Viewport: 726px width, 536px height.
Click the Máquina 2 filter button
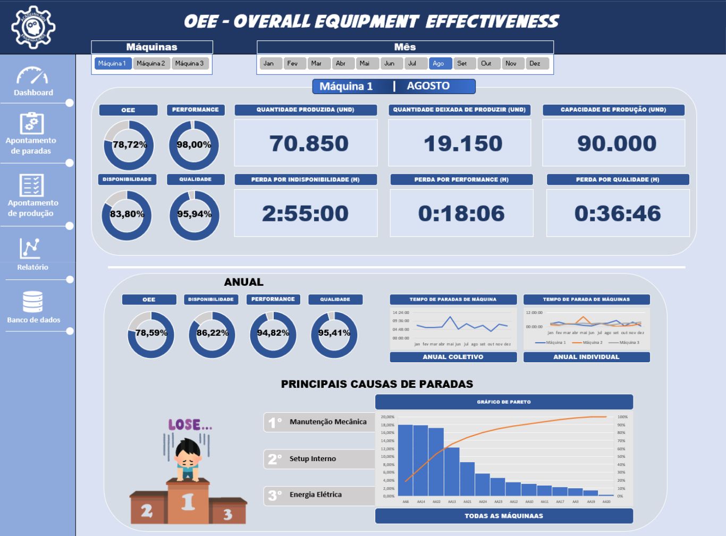151,64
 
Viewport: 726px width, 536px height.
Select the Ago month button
440,64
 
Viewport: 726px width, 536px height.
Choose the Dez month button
536,64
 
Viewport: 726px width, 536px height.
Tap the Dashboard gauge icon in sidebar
32,76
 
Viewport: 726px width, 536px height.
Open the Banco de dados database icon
32,302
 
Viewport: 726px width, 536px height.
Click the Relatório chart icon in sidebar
30,249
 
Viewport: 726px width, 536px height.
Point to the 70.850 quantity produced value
308,143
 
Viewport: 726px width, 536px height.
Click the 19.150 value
462,143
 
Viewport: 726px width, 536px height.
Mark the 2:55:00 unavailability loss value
305,214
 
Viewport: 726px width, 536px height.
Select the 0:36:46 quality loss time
618,214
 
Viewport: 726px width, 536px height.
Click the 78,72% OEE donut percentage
129,144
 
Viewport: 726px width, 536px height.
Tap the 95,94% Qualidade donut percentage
194,214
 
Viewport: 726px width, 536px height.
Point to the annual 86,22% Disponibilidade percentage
212,333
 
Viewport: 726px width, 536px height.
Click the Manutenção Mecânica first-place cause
327,422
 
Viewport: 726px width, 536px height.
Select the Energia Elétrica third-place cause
315,495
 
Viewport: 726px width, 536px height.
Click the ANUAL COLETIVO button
453,357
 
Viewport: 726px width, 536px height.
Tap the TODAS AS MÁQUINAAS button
504,516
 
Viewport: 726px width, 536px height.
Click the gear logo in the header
33,27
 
